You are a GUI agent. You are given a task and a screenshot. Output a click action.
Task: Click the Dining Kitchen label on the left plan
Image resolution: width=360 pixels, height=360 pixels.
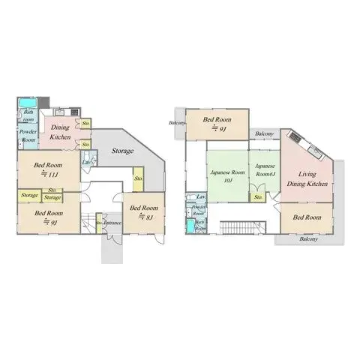pyautogui.click(x=61, y=132)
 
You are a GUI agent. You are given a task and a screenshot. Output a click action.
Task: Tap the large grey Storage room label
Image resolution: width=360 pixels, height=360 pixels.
pyautogui.click(x=122, y=151)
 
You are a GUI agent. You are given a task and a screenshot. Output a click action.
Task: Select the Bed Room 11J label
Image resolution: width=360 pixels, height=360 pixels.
pyautogui.click(x=48, y=169)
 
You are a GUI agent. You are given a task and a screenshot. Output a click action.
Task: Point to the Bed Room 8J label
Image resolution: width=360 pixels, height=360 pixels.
pyautogui.click(x=142, y=211)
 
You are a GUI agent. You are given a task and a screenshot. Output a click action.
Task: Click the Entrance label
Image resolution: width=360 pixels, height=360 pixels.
pyautogui.click(x=113, y=223)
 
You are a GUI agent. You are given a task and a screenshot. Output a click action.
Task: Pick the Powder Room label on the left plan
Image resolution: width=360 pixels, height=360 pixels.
pyautogui.click(x=28, y=136)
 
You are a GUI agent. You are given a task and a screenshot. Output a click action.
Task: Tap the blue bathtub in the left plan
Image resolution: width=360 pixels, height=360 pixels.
pyautogui.click(x=27, y=102)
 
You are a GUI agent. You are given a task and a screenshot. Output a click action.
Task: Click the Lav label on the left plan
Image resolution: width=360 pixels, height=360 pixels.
pyautogui.click(x=87, y=163)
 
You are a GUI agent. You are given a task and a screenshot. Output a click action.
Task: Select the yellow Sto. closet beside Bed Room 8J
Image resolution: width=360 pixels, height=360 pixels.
pyautogui.click(x=139, y=178)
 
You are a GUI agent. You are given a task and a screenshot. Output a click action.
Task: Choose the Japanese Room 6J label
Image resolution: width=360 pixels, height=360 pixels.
pyautogui.click(x=265, y=169)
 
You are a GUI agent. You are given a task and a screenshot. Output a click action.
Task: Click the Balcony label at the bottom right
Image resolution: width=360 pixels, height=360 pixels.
pyautogui.click(x=308, y=239)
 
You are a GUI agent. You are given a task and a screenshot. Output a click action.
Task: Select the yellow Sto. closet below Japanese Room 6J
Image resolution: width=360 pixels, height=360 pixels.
pyautogui.click(x=258, y=196)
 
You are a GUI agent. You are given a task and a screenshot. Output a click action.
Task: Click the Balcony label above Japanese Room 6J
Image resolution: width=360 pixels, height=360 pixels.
pyautogui.click(x=263, y=134)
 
